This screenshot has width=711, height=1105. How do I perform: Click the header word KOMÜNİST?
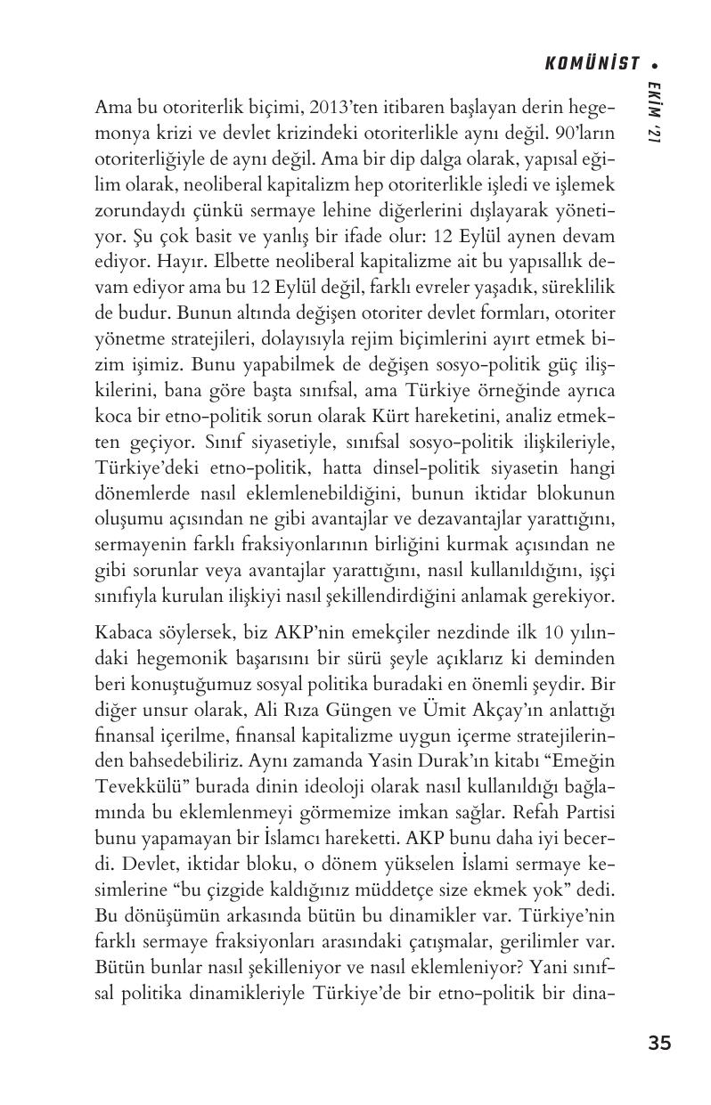point(592,63)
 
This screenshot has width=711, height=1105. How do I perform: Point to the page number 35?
point(659,1043)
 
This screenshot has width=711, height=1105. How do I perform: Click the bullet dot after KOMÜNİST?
point(656,64)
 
